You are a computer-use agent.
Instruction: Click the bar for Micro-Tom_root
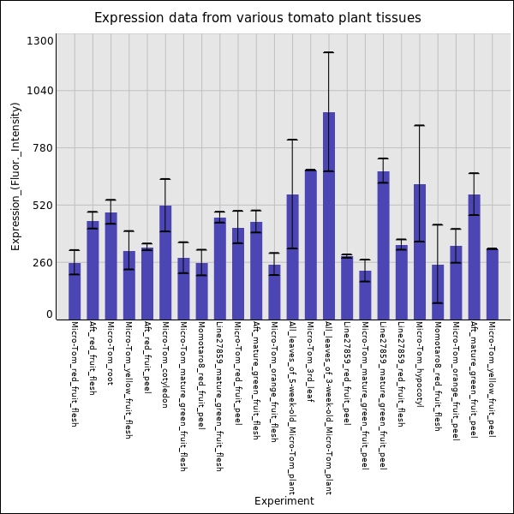pyautogui.click(x=111, y=266)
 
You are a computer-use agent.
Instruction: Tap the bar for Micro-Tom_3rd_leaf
pyautogui.click(x=310, y=245)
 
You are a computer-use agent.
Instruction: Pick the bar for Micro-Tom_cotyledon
pyautogui.click(x=165, y=262)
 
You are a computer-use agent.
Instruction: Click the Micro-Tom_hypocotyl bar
pyautogui.click(x=420, y=252)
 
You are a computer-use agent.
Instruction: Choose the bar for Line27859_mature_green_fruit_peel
pyautogui.click(x=383, y=245)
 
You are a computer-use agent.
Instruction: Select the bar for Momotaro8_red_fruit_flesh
pyautogui.click(x=438, y=291)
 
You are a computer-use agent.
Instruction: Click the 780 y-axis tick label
pyautogui.click(x=43, y=148)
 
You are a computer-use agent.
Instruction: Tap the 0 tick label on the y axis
pyautogui.click(x=50, y=314)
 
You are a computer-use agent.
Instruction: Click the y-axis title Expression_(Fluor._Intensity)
pyautogui.click(x=15, y=176)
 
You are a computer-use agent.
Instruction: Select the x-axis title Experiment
pyautogui.click(x=284, y=501)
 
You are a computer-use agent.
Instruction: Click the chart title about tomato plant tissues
pyautogui.click(x=257, y=18)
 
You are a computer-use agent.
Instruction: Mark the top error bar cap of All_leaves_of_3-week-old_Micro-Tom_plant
pyautogui.click(x=328, y=53)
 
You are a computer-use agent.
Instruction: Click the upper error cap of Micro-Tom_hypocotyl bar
pyautogui.click(x=420, y=126)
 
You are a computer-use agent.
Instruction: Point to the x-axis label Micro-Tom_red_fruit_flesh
pyautogui.click(x=74, y=374)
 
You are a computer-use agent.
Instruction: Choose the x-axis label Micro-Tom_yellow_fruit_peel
pyautogui.click(x=492, y=380)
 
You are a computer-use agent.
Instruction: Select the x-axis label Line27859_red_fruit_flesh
pyautogui.click(x=401, y=374)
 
